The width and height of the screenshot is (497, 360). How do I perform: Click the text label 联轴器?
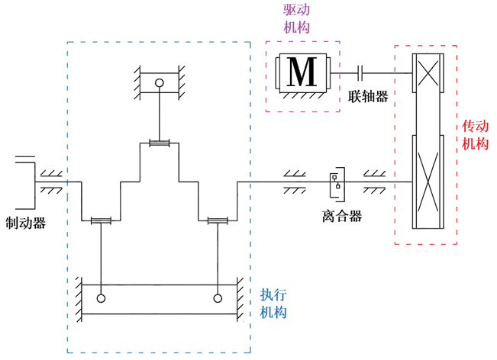(367, 97)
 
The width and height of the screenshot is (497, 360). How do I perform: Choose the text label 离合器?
(336, 216)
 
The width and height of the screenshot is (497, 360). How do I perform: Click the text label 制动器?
(25, 223)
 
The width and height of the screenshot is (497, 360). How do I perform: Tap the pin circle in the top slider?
(159, 83)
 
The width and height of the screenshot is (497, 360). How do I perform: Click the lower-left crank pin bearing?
(101, 221)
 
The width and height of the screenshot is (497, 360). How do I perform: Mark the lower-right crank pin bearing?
(218, 221)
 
